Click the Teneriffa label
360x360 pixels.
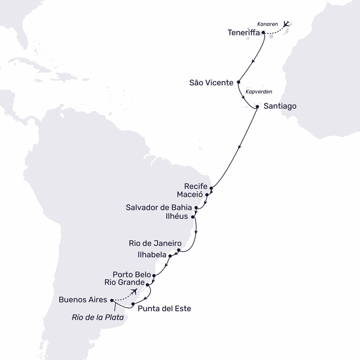coord(243,33)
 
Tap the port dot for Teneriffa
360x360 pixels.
coord(263,33)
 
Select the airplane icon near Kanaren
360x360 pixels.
coord(286,24)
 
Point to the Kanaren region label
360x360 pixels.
coord(268,24)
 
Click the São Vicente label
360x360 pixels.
coord(212,83)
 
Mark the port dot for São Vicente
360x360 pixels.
coord(238,82)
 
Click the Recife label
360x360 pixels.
coord(197,187)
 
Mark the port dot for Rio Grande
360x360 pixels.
coord(147,284)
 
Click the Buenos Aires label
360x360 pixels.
coord(83,300)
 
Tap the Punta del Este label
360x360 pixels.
coord(164,308)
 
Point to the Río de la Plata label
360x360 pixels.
coord(97,318)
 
